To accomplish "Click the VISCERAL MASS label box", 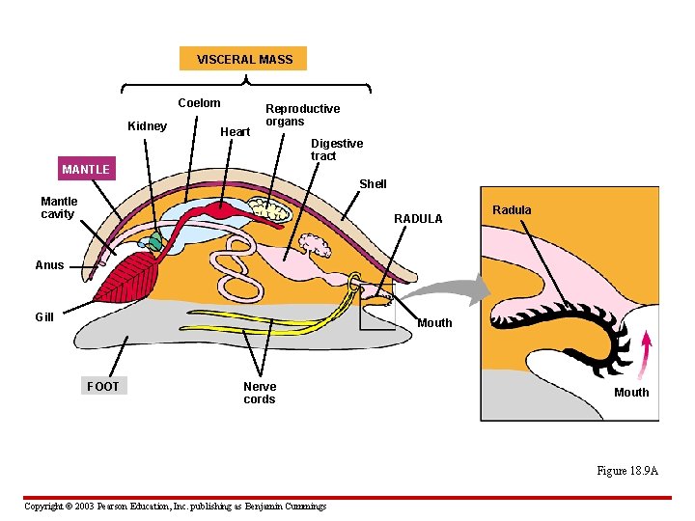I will (x=244, y=59).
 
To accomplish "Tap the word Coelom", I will (x=199, y=103).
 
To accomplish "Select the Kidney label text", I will (x=148, y=126).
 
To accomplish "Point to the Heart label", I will (x=236, y=131).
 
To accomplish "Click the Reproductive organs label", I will (x=302, y=115).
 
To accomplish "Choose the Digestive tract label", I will (x=336, y=150).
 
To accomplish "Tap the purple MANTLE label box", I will (x=86, y=170).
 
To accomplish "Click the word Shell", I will (x=373, y=183).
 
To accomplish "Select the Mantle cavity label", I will (x=59, y=207).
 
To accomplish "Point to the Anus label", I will (x=49, y=265).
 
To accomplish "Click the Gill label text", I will (x=44, y=316).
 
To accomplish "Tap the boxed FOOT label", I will (x=103, y=386).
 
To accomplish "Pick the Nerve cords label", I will (x=259, y=393).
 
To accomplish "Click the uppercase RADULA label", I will (x=418, y=219).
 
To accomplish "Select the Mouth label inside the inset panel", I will (x=631, y=392).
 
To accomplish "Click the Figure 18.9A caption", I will (x=626, y=471).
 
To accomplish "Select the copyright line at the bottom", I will (x=175, y=506).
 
